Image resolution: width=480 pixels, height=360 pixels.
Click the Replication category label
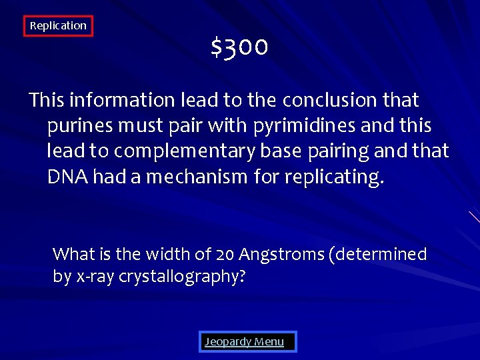[58, 26]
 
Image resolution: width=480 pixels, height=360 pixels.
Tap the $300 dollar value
[239, 47]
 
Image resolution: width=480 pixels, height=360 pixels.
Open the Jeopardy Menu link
[244, 342]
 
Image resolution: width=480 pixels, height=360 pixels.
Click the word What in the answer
[73, 254]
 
